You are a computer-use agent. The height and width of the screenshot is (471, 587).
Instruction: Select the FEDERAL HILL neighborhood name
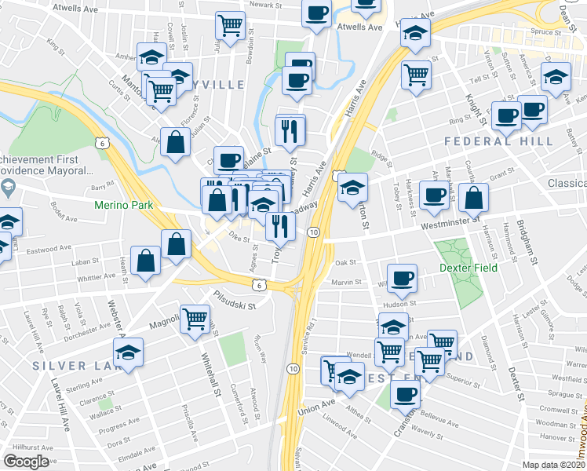click(498, 141)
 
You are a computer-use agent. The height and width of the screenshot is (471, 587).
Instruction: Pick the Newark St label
click(265, 5)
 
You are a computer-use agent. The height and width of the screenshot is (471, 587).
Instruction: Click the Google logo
click(26, 462)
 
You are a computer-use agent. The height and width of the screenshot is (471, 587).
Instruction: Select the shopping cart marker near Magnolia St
click(195, 319)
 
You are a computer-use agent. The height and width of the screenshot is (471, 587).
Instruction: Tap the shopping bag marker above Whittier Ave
click(146, 261)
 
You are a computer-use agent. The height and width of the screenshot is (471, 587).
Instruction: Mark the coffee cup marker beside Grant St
click(433, 195)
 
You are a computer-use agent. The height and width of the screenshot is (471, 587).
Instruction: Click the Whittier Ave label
click(97, 277)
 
